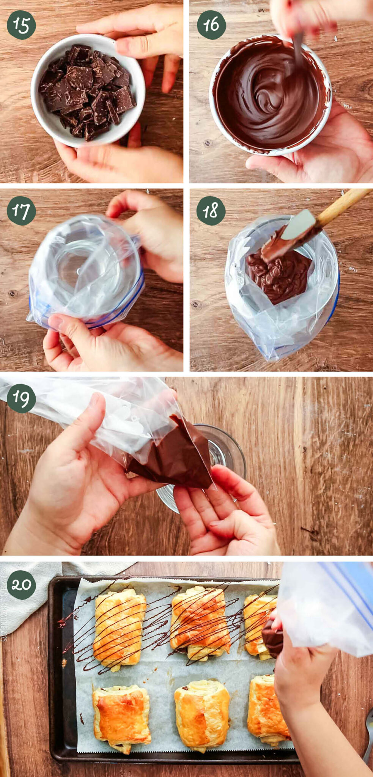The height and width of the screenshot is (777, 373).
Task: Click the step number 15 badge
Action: tap(21, 25)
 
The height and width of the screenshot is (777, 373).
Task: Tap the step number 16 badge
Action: tap(211, 25)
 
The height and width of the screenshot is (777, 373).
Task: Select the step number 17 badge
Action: tap(21, 211)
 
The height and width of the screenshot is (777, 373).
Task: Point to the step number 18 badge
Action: tap(211, 211)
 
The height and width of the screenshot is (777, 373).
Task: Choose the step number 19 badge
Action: tap(21, 398)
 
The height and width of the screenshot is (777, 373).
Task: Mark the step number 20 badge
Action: tap(21, 585)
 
